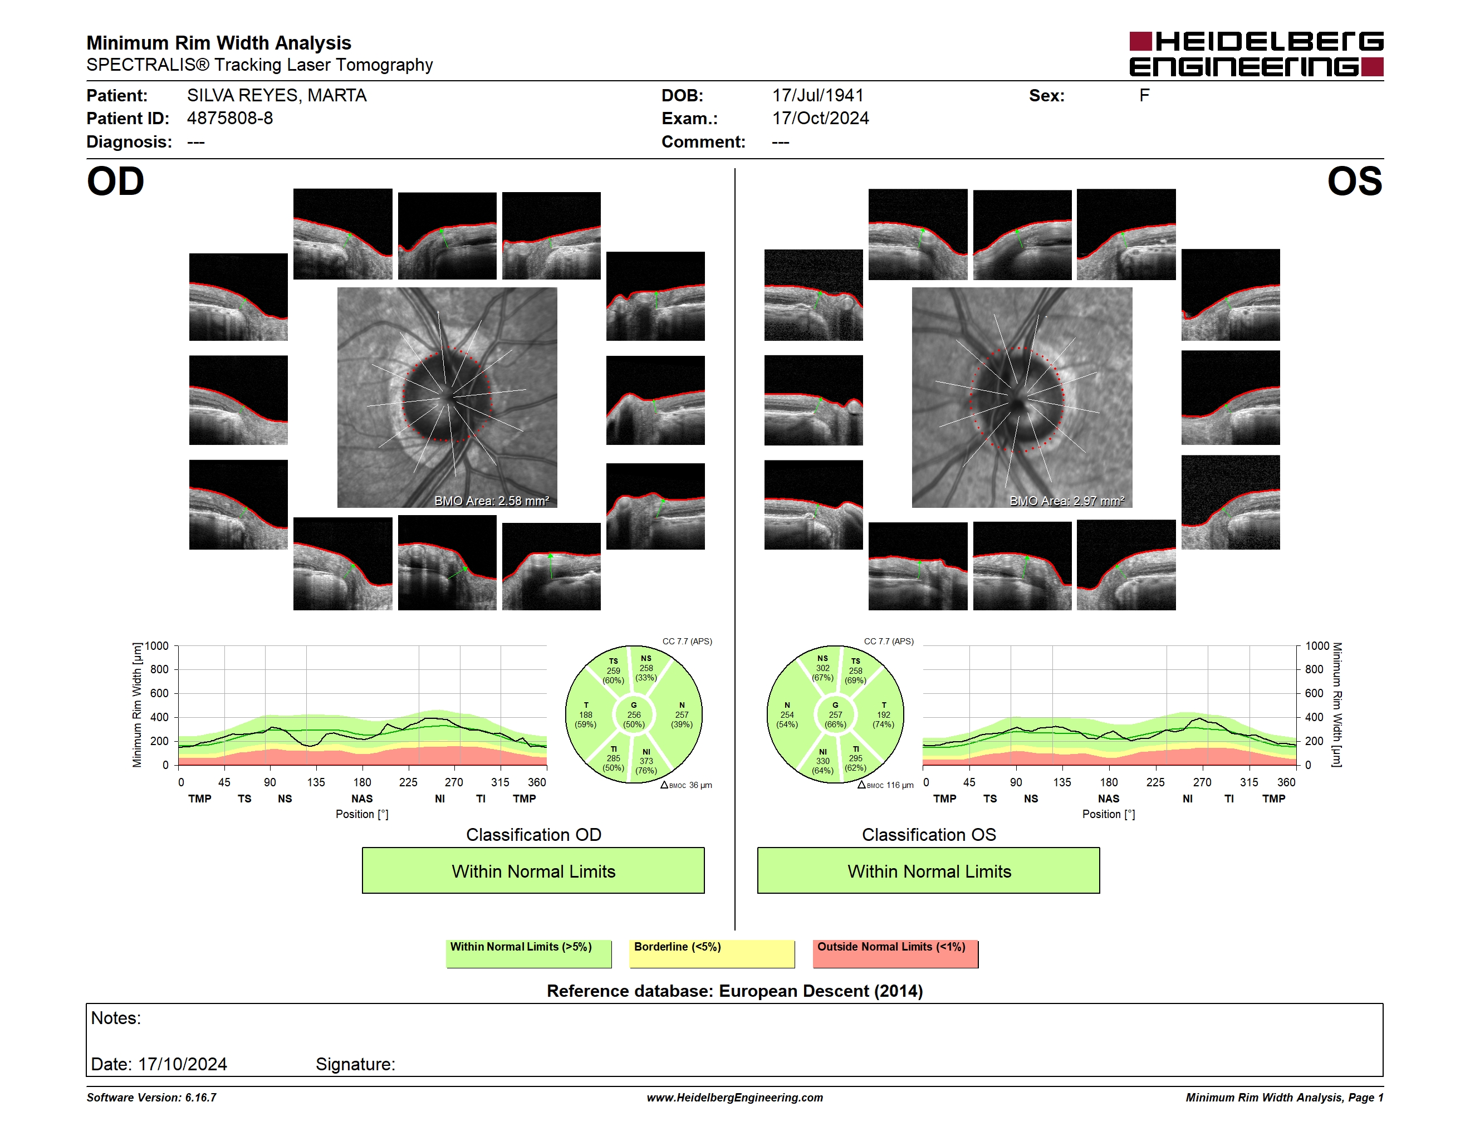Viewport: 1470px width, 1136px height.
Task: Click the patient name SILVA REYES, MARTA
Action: (277, 96)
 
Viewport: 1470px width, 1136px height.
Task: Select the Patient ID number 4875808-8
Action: (230, 119)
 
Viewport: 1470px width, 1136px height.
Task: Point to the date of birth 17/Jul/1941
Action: (818, 96)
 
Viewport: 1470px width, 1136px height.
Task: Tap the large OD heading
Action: (116, 182)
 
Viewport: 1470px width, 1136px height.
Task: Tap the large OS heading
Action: (1354, 182)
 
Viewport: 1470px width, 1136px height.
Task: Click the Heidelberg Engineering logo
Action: (1256, 54)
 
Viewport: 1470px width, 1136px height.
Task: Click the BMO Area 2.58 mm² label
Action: (491, 501)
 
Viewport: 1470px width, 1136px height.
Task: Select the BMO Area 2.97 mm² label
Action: (1066, 501)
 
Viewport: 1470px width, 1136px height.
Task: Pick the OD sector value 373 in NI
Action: (646, 761)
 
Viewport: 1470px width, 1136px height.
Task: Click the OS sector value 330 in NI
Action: (822, 761)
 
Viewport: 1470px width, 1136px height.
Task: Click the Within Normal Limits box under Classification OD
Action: (533, 871)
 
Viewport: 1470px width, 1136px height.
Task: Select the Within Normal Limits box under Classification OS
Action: (929, 871)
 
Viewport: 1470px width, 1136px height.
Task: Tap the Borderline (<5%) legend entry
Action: (712, 953)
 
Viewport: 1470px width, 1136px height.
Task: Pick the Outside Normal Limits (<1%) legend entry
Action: (895, 953)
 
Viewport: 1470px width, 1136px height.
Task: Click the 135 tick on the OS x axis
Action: (1062, 782)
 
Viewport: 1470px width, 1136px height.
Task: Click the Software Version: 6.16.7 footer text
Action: (151, 1098)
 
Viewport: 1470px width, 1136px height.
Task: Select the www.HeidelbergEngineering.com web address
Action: (735, 1098)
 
